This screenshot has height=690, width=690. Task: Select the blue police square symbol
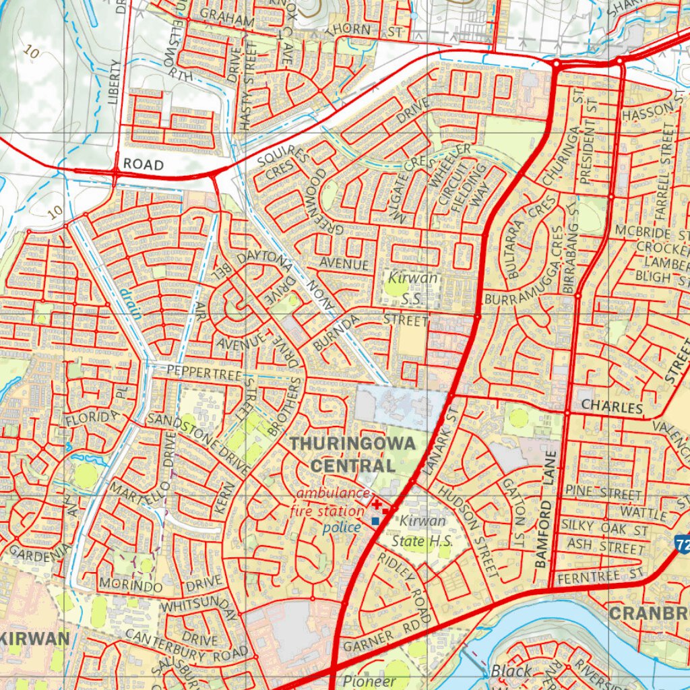375,521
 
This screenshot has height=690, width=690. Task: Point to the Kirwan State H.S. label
422,531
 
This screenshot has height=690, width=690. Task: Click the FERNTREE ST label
600,575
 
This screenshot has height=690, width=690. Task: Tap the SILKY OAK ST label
606,530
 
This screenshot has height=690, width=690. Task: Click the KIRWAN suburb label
35,639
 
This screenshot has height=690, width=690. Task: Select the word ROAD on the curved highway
143,164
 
